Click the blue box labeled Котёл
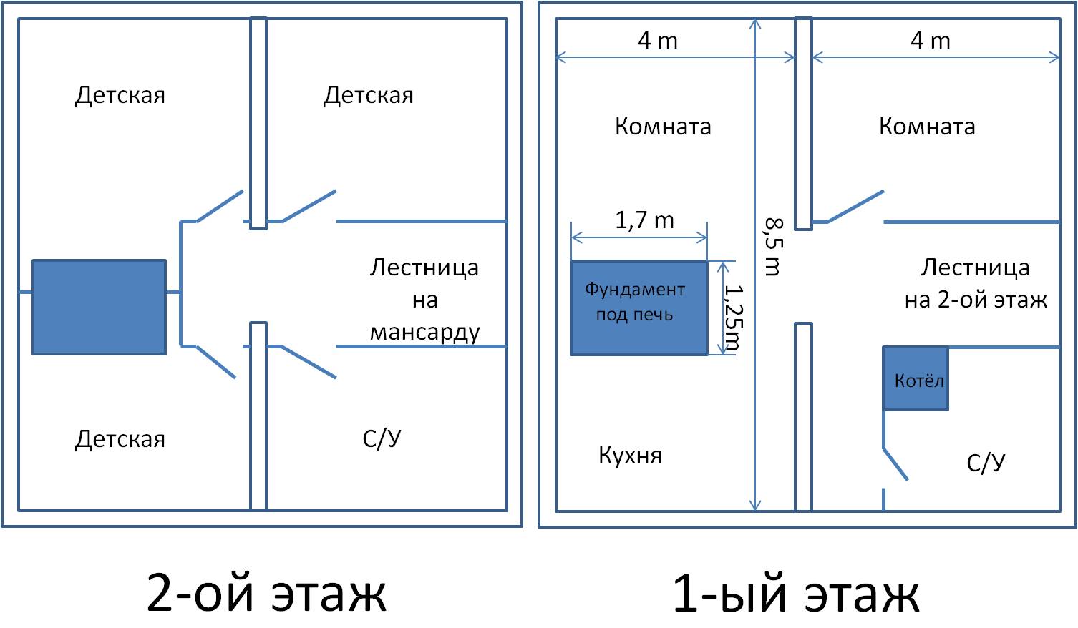click(x=916, y=378)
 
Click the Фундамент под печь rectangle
click(x=638, y=308)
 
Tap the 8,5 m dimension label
click(x=774, y=247)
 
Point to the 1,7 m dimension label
click(x=644, y=221)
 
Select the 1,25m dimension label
click(x=734, y=317)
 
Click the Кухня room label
click(x=630, y=455)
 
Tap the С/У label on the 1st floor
click(x=986, y=463)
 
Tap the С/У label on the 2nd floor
click(x=382, y=438)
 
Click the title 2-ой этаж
click(x=266, y=592)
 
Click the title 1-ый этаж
click(x=796, y=592)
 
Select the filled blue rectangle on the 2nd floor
click(x=99, y=308)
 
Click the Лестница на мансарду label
click(x=424, y=300)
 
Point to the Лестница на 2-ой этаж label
click(x=976, y=284)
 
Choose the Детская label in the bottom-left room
click(x=120, y=439)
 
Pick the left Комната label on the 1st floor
click(x=663, y=127)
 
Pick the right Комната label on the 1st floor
click(x=927, y=127)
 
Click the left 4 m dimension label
click(x=658, y=41)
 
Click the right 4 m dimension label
click(x=931, y=41)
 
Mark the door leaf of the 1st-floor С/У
click(x=895, y=464)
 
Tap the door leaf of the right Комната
click(x=855, y=206)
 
